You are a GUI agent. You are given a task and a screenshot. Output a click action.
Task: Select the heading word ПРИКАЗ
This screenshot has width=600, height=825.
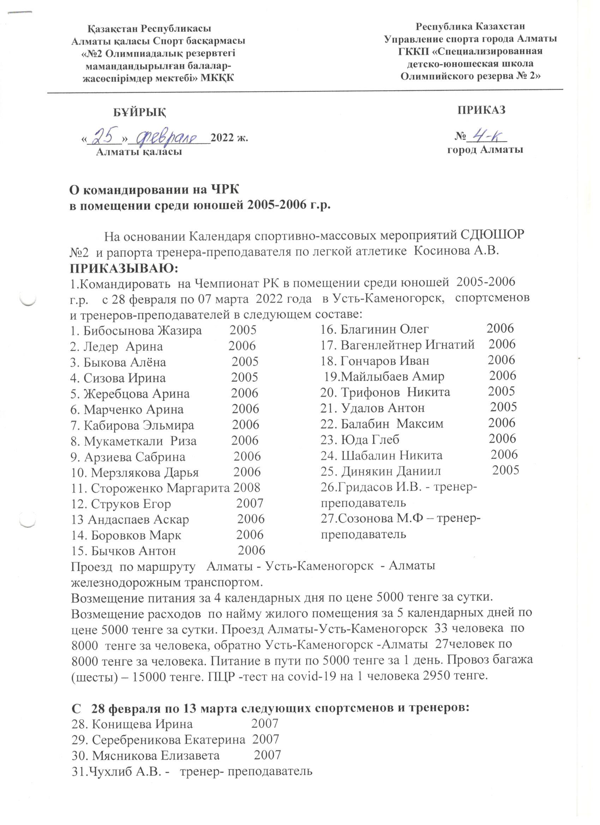click(x=481, y=109)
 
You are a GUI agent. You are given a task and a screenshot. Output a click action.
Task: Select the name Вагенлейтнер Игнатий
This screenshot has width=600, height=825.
click(x=408, y=344)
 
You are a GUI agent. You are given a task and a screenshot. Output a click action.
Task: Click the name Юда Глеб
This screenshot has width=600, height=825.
click(x=370, y=439)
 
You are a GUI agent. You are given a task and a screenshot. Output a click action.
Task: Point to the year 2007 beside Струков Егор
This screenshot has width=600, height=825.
click(x=250, y=503)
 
